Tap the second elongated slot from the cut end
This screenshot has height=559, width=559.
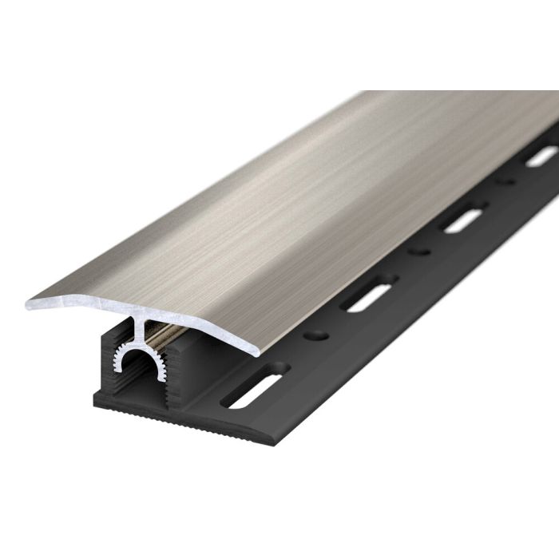pos(367,292)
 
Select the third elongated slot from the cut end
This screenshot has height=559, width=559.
pos(462,216)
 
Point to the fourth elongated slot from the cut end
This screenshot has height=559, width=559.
pos(541,156)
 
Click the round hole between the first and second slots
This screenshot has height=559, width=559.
pos(319,329)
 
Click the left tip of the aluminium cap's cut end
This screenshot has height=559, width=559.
pos(28,303)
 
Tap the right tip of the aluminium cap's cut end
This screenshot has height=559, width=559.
pos(257,349)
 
